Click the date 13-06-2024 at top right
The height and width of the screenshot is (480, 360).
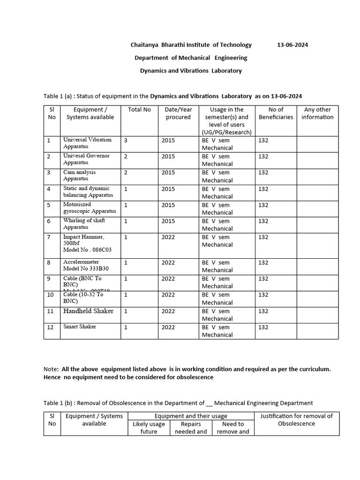(292, 45)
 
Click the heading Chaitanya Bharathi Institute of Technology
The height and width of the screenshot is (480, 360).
(191, 45)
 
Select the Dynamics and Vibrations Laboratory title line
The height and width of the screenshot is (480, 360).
(191, 71)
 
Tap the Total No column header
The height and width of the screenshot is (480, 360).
(139, 110)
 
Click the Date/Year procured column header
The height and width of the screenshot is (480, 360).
(178, 113)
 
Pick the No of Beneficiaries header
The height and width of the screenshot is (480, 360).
(276, 113)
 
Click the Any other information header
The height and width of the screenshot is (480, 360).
(317, 113)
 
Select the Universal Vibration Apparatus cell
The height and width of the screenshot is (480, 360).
(87, 143)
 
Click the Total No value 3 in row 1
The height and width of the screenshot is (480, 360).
(126, 140)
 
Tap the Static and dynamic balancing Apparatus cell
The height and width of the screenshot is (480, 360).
(88, 192)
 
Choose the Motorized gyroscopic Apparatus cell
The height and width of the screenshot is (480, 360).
(90, 208)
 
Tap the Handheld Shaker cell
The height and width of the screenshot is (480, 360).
(88, 311)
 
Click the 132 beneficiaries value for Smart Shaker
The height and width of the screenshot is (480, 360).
(263, 327)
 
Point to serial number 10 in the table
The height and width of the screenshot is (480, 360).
(50, 295)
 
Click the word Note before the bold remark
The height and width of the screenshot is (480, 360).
(51, 369)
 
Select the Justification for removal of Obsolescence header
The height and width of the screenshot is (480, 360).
(296, 420)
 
